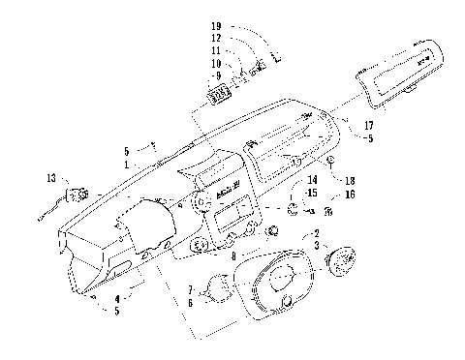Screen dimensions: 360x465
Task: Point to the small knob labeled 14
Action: tap(293, 209)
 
